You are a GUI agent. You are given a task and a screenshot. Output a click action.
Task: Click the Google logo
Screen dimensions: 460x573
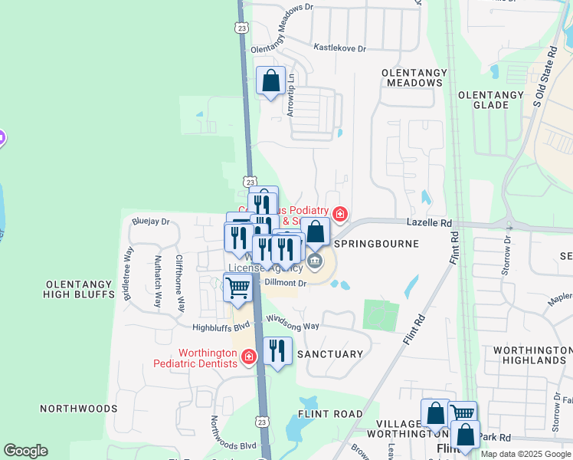pos(26,451)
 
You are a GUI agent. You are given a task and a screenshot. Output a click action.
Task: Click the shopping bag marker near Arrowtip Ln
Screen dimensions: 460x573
pos(271,80)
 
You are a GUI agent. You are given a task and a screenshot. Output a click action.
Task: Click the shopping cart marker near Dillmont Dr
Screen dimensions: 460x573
pos(238,288)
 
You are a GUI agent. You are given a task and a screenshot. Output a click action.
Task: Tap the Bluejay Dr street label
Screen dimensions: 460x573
pos(150,222)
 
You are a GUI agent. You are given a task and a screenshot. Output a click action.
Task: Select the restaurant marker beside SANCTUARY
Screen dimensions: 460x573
pos(277,351)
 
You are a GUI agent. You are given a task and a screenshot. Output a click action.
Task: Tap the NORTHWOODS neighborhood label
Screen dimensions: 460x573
pos(78,409)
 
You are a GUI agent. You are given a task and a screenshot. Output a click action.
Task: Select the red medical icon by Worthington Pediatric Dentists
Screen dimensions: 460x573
pos(248,357)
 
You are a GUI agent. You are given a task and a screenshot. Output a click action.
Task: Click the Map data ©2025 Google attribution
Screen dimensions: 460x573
pos(525,454)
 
